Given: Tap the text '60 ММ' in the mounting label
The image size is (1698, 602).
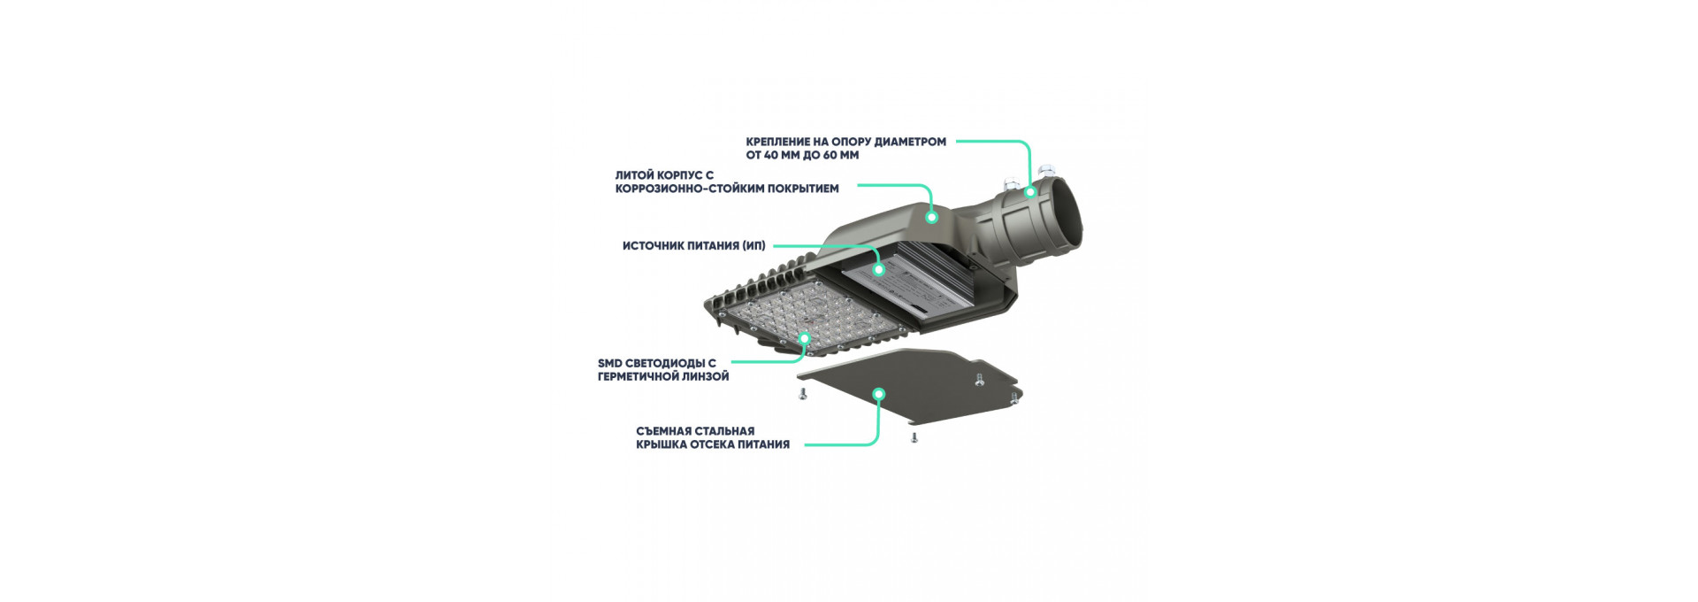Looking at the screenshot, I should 841,156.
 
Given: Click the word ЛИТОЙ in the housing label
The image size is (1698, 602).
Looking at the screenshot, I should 634,175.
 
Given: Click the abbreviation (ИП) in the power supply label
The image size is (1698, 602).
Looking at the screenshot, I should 753,246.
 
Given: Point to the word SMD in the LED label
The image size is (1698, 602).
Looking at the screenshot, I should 610,363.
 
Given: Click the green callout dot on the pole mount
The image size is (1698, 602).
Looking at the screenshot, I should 1030,191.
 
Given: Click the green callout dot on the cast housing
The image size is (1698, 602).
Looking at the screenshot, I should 931,216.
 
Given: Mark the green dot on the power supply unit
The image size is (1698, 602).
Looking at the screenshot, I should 878,269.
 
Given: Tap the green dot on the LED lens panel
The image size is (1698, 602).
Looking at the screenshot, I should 805,338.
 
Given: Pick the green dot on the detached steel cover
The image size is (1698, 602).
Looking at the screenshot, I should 878,394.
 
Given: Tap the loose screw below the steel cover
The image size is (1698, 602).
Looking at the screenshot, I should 914,437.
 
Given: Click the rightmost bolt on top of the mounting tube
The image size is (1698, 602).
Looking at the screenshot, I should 1049,167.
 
